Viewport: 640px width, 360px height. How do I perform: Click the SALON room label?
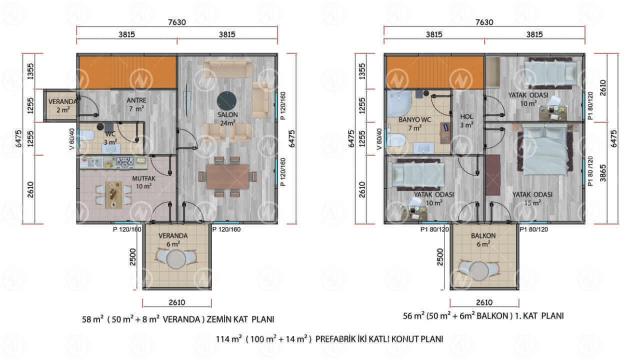tap(227, 115)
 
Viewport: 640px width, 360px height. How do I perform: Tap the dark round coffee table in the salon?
tap(227, 101)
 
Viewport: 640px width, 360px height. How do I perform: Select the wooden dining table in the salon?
tap(227, 176)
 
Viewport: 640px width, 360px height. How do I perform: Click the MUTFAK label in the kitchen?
tap(143, 178)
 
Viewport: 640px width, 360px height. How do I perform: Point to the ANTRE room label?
tap(136, 100)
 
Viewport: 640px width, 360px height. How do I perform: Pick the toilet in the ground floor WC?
tap(87, 135)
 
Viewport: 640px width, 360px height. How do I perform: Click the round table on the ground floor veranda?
tap(176, 259)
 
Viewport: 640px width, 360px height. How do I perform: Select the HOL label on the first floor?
tap(466, 117)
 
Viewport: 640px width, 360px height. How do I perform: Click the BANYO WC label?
tap(414, 119)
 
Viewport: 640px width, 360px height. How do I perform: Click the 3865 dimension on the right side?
tap(603, 173)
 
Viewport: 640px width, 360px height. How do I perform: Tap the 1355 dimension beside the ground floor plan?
tap(30, 71)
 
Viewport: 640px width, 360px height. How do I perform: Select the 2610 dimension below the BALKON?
tap(484, 302)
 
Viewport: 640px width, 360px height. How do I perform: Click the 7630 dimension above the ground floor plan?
tap(177, 22)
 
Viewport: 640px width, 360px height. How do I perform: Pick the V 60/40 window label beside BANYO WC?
tap(379, 139)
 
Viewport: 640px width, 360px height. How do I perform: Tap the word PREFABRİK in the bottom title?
tap(335, 339)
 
